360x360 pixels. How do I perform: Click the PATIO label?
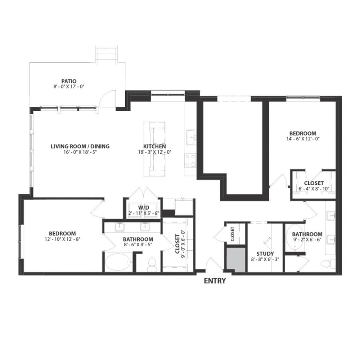pyautogui.click(x=69, y=80)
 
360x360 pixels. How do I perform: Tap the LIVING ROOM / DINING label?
pyautogui.click(x=80, y=146)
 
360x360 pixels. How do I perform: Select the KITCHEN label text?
pyautogui.click(x=154, y=146)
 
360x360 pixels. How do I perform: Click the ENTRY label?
pyautogui.click(x=215, y=281)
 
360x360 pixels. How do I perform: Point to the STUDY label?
pyautogui.click(x=265, y=254)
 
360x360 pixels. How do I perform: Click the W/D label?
pyautogui.click(x=144, y=208)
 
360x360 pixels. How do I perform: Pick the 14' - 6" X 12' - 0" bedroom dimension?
pyautogui.click(x=303, y=139)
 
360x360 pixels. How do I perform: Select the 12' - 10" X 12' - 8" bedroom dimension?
pyautogui.click(x=62, y=239)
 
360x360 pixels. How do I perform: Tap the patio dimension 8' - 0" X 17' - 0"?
pyautogui.click(x=69, y=86)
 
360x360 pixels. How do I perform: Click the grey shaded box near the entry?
pyautogui.click(x=236, y=260)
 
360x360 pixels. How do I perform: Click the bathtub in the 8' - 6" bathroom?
pyautogui.click(x=118, y=262)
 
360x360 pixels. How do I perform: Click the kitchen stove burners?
pyautogui.click(x=190, y=160)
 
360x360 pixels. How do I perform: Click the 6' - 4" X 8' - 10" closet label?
pyautogui.click(x=311, y=186)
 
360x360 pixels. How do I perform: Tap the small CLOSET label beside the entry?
pyautogui.click(x=232, y=234)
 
